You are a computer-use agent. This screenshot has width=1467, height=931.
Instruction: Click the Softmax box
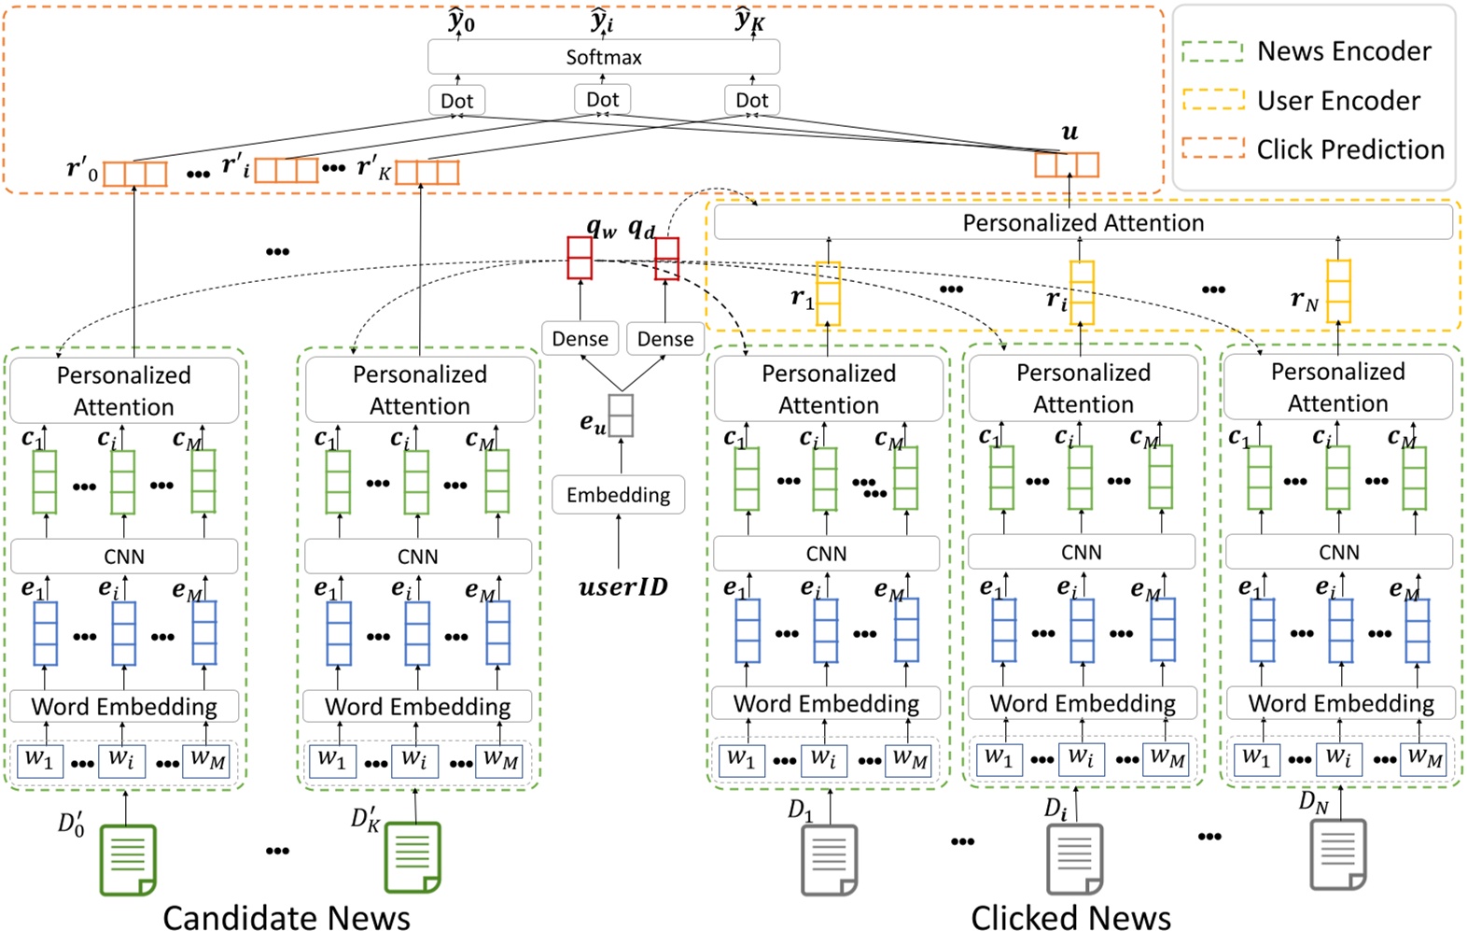point(603,57)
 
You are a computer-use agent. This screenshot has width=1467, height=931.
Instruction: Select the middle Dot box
point(602,100)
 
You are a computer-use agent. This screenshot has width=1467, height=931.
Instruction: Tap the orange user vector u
point(1066,164)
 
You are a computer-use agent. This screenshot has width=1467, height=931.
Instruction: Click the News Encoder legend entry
point(1306,51)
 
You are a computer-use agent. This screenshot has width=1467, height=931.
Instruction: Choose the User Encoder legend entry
point(1302,101)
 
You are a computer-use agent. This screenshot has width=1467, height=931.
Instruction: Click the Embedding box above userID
point(618,495)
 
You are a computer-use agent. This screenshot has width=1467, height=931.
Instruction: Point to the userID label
point(622,587)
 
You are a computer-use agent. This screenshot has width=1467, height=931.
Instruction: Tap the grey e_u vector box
point(621,416)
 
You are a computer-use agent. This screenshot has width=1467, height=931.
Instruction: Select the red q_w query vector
point(580,258)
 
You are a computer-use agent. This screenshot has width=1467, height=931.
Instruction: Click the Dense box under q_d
point(664,339)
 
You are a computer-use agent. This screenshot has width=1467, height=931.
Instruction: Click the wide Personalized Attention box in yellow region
point(1083,223)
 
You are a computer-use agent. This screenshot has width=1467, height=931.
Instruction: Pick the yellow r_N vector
point(1338,291)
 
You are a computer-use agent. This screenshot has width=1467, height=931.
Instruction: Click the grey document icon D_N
point(1338,853)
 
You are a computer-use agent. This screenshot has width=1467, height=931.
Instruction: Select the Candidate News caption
point(286,917)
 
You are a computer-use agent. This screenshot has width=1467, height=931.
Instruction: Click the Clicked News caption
point(1070,917)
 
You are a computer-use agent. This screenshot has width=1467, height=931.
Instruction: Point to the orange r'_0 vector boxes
point(134,174)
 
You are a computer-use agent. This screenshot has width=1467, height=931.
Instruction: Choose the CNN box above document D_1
point(826,554)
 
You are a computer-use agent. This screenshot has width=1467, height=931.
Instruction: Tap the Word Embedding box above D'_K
point(417,706)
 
